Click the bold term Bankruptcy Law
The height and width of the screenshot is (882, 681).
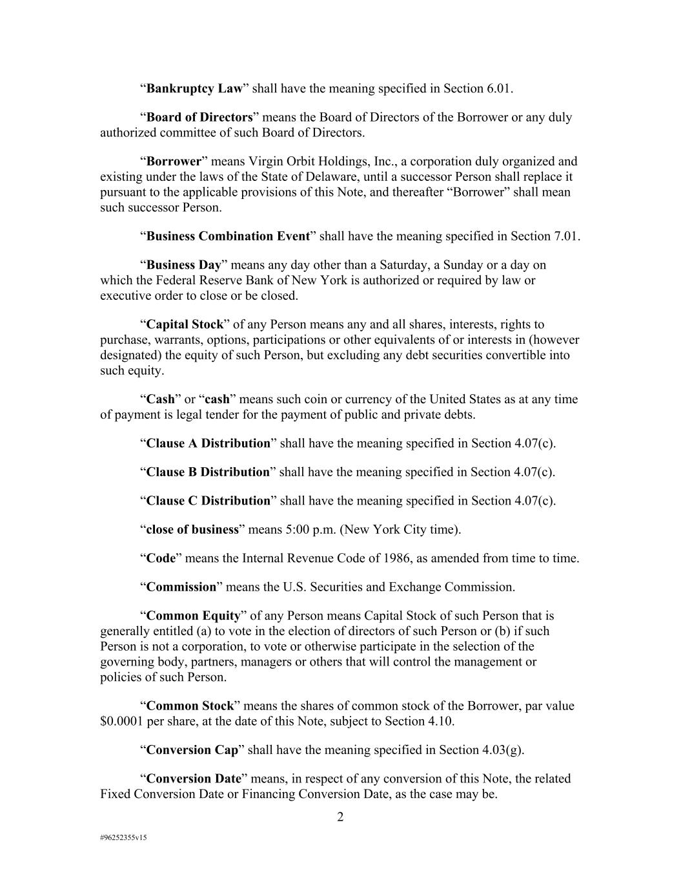click(x=194, y=89)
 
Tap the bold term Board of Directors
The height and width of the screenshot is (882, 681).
click(x=199, y=118)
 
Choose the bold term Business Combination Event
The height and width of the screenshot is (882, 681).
click(x=228, y=236)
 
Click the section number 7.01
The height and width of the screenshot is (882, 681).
click(x=566, y=236)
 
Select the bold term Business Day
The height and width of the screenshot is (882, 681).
click(x=184, y=265)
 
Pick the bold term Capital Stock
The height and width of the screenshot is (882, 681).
click(x=185, y=324)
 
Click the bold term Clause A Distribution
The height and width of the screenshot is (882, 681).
click(x=208, y=444)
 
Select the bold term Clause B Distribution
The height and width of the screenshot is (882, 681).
click(x=208, y=472)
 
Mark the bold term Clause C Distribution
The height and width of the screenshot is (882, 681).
click(x=208, y=501)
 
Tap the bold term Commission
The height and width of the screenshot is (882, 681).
click(x=181, y=587)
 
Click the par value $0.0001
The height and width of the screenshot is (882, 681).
click(x=122, y=722)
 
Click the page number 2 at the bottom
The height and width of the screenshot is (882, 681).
click(x=340, y=817)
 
